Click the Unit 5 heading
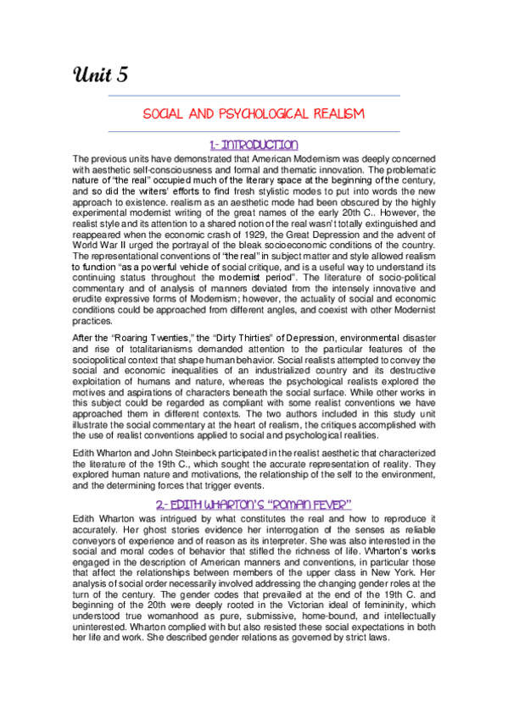click(99, 75)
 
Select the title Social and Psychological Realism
click(253, 113)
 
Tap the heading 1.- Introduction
click(253, 145)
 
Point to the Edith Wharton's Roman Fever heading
click(253, 505)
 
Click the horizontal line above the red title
click(254, 96)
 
